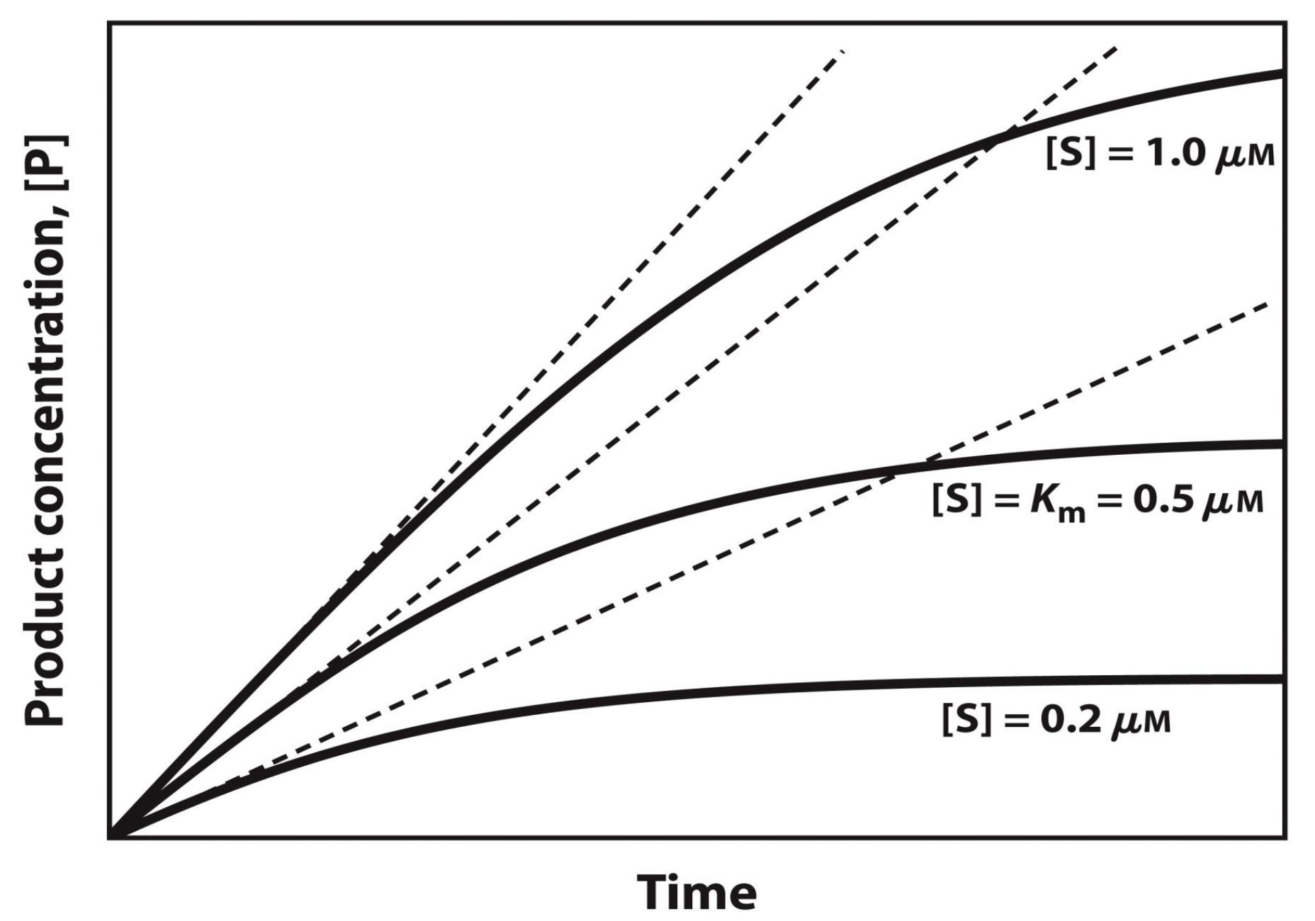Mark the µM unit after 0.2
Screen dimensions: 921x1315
coord(1140,722)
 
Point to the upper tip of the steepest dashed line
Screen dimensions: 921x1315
coord(842,51)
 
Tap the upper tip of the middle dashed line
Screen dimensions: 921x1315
coord(1116,48)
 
